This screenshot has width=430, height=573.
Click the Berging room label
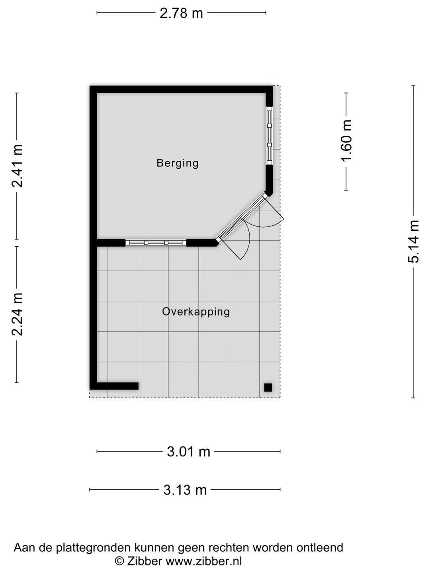[x=177, y=163]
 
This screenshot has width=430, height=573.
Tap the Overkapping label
[x=196, y=311]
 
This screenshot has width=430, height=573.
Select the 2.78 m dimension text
[x=181, y=13]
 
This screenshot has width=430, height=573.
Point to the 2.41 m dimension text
[x=17, y=166]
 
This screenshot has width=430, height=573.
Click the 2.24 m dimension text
[x=17, y=314]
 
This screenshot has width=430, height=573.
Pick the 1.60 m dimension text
[x=346, y=141]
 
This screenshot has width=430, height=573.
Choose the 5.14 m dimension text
[x=414, y=242]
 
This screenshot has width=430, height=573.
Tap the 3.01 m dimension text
[x=188, y=452]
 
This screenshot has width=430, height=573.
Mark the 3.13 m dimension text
[x=185, y=490]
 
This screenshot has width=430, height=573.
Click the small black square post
[x=268, y=387]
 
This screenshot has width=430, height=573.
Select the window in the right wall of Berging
[x=270, y=135]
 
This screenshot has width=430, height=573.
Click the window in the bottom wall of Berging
[x=156, y=243]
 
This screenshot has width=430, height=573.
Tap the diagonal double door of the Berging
[x=241, y=217]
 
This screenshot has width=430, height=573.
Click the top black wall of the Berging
[x=181, y=89]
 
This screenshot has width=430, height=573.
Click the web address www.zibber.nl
[x=203, y=561]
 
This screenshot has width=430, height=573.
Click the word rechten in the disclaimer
[x=230, y=548]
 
